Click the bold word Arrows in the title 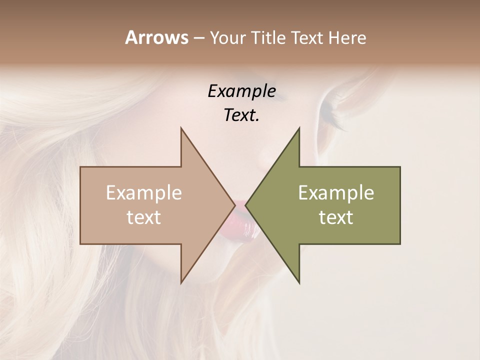pyautogui.click(x=156, y=37)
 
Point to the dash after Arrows pyautogui.click(x=198, y=38)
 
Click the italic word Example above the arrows pyautogui.click(x=241, y=91)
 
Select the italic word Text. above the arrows pyautogui.click(x=241, y=115)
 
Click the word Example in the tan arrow pyautogui.click(x=144, y=193)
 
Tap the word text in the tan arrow pyautogui.click(x=144, y=217)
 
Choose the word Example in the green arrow pyautogui.click(x=336, y=193)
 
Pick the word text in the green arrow pyautogui.click(x=336, y=217)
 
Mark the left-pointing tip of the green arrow pyautogui.click(x=246, y=205)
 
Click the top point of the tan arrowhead pyautogui.click(x=181, y=129)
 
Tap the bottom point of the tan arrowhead pyautogui.click(x=181, y=282)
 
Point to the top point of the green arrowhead pyautogui.click(x=299, y=129)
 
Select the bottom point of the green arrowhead pyautogui.click(x=299, y=282)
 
